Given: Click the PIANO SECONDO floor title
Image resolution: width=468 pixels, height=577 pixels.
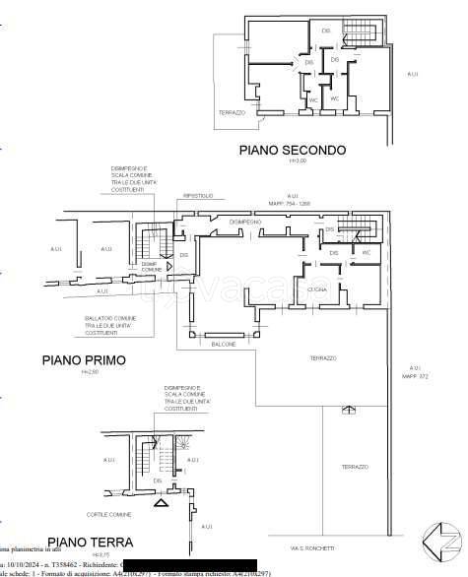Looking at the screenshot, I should pos(293,151).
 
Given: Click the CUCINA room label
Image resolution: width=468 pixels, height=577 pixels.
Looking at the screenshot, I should pos(316,291).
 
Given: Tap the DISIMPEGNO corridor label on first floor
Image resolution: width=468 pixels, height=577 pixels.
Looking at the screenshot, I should pos(245,223).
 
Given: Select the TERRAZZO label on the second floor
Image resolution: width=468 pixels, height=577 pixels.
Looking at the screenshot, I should pos(232,113).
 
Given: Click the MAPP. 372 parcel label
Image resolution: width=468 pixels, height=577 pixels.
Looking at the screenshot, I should pos(417,375).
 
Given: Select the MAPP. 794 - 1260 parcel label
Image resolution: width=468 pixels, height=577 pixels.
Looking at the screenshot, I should pos(292,204).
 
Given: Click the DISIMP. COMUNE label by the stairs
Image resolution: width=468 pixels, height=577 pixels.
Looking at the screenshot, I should pos(149,267).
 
